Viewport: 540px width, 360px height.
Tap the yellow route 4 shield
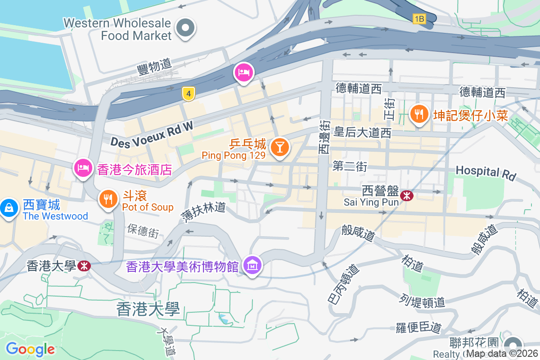click(x=189, y=94)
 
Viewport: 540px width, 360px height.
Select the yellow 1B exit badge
click(x=419, y=18)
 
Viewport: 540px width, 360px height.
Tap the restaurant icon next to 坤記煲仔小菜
click(x=419, y=113)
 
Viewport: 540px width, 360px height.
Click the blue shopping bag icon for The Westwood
click(x=9, y=207)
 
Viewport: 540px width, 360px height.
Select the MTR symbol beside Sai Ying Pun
click(x=406, y=195)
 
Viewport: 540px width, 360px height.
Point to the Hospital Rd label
click(x=486, y=172)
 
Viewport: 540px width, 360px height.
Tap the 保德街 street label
click(x=143, y=230)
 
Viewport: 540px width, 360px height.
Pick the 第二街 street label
click(x=350, y=167)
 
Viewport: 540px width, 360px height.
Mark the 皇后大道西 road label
click(x=362, y=132)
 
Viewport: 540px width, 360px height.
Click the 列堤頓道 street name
click(x=422, y=300)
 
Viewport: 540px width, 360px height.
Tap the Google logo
click(x=30, y=349)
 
